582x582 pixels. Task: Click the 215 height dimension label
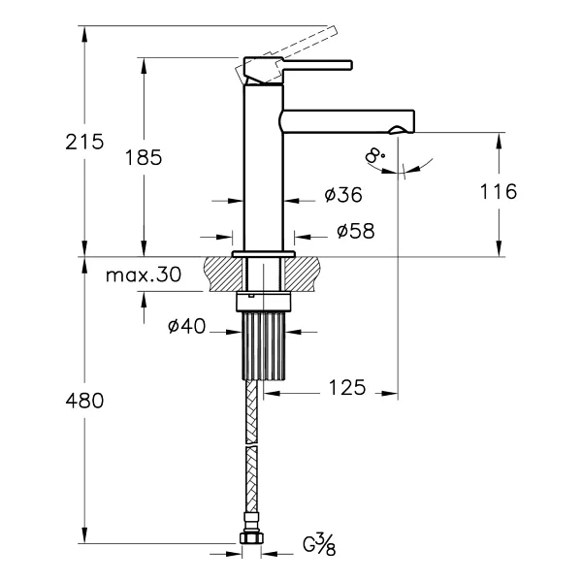(84, 143)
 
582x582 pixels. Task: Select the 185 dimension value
(144, 158)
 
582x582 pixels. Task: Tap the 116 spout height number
(499, 192)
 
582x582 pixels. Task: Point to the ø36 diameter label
(343, 195)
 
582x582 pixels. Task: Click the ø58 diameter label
(356, 231)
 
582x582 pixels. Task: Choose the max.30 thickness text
(144, 275)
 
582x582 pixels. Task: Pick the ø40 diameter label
(186, 326)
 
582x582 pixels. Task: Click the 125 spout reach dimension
(347, 387)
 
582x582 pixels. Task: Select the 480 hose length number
(84, 402)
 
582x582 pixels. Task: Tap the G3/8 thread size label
(319, 545)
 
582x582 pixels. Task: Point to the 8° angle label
(374, 155)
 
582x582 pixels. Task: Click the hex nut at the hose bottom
(251, 538)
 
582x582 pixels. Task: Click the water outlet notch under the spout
(396, 130)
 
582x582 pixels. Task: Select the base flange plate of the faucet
(264, 254)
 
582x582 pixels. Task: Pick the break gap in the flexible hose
(251, 444)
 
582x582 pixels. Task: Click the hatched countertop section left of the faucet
(223, 274)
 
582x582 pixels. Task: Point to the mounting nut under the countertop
(264, 302)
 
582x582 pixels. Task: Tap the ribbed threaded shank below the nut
(264, 345)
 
